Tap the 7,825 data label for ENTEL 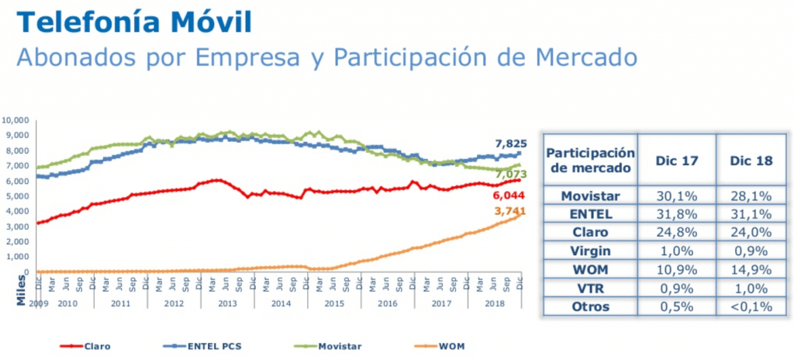[x=509, y=144]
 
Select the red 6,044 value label [x=509, y=196]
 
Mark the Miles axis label [x=21, y=292]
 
